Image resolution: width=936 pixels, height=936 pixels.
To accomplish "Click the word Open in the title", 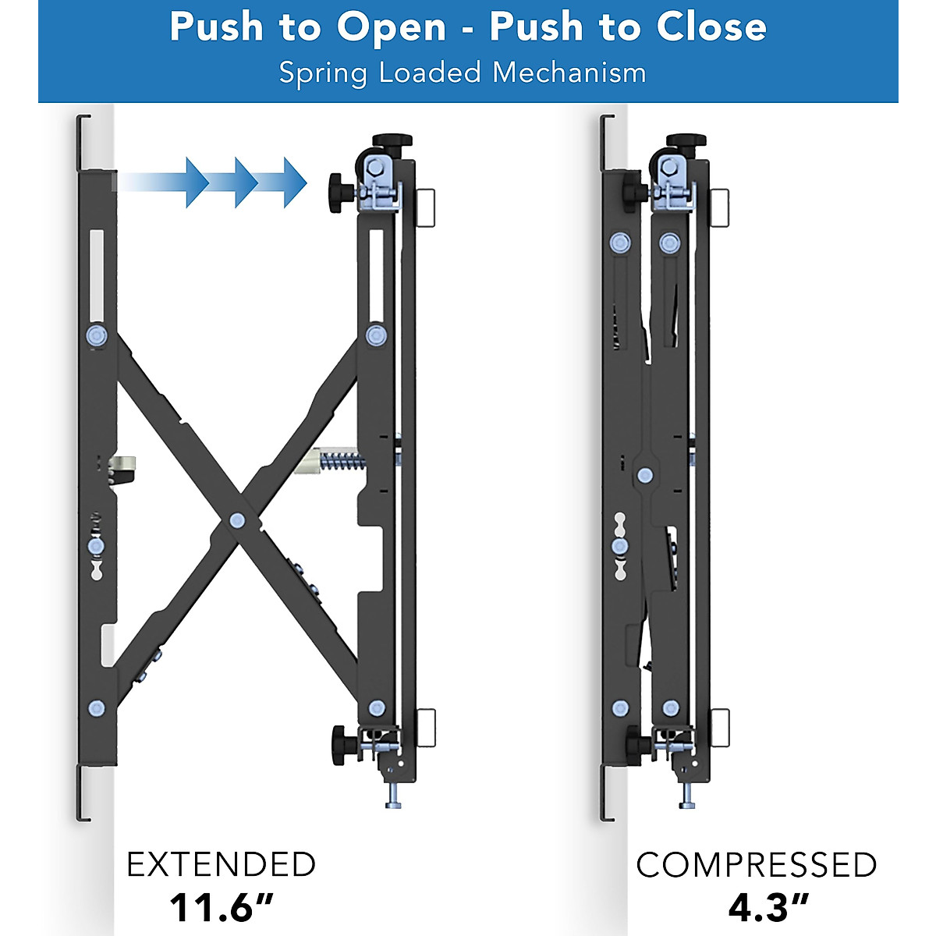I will coord(391,28).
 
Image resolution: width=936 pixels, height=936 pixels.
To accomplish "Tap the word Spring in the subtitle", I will coord(323,73).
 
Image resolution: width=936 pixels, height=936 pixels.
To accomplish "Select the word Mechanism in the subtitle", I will coord(569,73).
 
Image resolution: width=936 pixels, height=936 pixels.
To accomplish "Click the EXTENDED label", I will coord(221,865).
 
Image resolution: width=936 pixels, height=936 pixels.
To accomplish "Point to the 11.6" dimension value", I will coord(221,907).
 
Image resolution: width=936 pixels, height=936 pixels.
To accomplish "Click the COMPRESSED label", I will coord(756,865).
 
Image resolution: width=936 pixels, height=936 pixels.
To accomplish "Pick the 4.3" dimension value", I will coord(768,907).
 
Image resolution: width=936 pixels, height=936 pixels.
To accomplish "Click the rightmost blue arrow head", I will coord(295,182).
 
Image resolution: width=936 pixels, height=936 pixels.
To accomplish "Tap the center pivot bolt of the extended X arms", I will coord(237,520).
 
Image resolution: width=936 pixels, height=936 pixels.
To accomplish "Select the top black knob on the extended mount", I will coord(392,141).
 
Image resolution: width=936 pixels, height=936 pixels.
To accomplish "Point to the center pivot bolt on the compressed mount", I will coord(644,474).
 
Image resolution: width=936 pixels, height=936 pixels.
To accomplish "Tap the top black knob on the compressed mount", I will coord(686,141).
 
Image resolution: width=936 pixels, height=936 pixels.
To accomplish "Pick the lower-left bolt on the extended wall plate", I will coord(97,708).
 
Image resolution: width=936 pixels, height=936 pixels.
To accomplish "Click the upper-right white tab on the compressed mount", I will coord(720,207).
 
